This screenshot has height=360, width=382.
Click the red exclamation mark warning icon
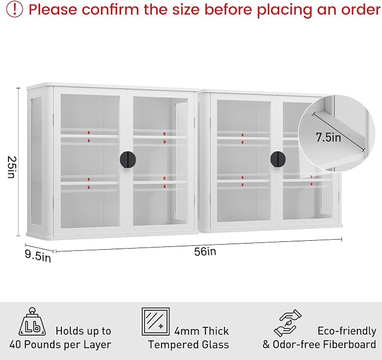click(x=15, y=9)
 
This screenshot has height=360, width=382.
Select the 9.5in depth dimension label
click(x=38, y=256)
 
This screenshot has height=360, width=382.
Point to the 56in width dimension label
click(x=205, y=251)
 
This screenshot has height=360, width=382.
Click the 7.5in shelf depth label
click(x=329, y=137)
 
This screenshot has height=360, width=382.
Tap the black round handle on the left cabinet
click(x=128, y=160)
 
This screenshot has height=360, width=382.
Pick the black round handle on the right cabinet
click(x=278, y=159)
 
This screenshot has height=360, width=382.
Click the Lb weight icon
click(x=32, y=322)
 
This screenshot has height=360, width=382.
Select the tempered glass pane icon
click(x=156, y=322)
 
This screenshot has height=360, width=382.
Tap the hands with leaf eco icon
click(x=287, y=323)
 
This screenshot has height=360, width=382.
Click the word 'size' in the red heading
click(x=187, y=10)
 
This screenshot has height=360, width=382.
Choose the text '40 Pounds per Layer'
click(x=60, y=345)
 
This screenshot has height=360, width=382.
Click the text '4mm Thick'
click(x=201, y=331)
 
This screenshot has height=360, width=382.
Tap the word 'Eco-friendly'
click(x=347, y=331)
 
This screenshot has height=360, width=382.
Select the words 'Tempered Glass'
click(x=188, y=345)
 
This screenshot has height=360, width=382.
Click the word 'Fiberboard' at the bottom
click(x=349, y=344)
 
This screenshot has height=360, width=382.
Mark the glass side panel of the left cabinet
click(x=37, y=161)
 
